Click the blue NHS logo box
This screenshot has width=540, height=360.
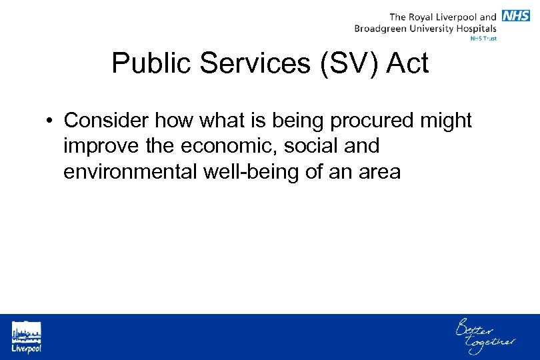[516, 15]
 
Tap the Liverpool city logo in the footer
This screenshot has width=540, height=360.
[26, 337]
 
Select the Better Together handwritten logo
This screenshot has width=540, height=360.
[485, 336]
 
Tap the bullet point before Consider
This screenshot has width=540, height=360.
[50, 121]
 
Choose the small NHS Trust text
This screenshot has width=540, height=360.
[483, 39]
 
